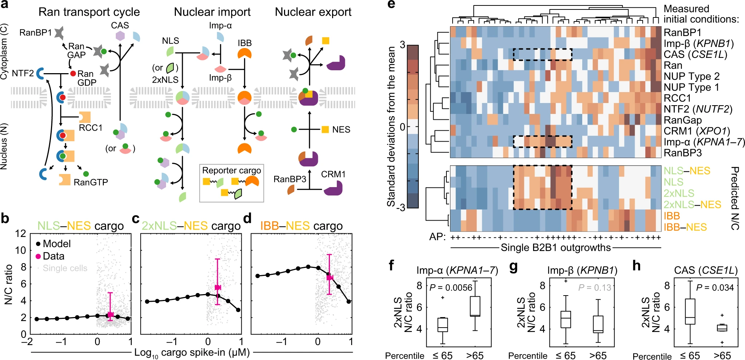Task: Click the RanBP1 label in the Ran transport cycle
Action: [35, 33]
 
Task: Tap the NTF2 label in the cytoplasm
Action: [23, 74]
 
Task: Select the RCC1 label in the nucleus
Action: [91, 128]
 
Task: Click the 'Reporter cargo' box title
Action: [231, 170]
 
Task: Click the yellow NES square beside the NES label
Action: [325, 130]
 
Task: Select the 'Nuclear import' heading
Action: [212, 12]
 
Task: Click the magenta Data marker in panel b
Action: [110, 314]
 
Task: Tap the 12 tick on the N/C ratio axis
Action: [21, 233]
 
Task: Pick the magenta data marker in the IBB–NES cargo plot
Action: [330, 278]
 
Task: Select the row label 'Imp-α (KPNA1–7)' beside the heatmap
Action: [704, 142]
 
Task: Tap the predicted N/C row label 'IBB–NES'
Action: [685, 227]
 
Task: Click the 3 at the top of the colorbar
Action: [402, 45]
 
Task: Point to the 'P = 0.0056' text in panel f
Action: [450, 288]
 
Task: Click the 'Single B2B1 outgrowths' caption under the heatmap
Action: [556, 248]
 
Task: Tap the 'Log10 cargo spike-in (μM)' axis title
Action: [192, 352]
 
